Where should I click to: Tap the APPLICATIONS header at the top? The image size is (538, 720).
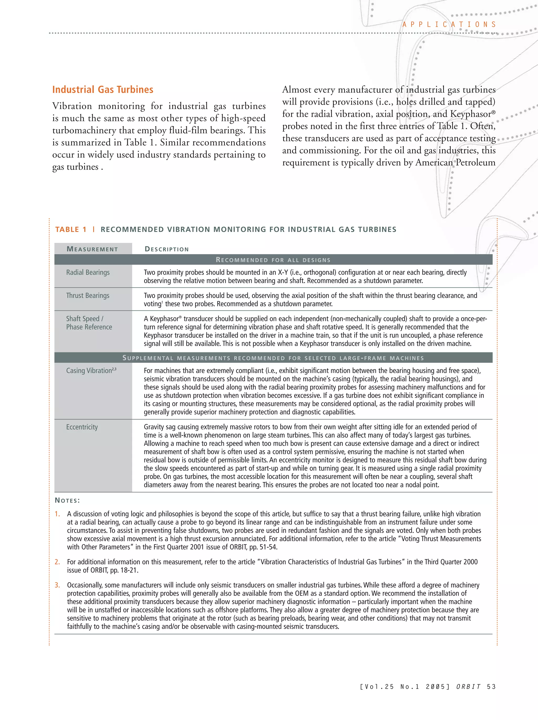(449, 24)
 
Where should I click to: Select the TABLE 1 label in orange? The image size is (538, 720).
(71, 230)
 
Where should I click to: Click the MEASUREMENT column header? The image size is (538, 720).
(92, 249)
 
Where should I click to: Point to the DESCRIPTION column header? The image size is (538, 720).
(167, 249)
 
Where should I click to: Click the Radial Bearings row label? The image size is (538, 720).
(88, 272)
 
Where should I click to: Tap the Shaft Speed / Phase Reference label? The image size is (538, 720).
(89, 323)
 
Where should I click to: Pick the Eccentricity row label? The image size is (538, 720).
(82, 427)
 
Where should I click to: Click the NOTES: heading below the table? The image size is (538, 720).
(67, 500)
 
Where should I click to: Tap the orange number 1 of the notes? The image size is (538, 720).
(57, 514)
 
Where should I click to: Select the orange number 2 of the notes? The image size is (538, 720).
(57, 562)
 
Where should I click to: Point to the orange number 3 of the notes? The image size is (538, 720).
(57, 585)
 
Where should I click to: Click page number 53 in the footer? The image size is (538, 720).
(491, 687)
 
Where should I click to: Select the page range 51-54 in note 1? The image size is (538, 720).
(268, 547)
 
